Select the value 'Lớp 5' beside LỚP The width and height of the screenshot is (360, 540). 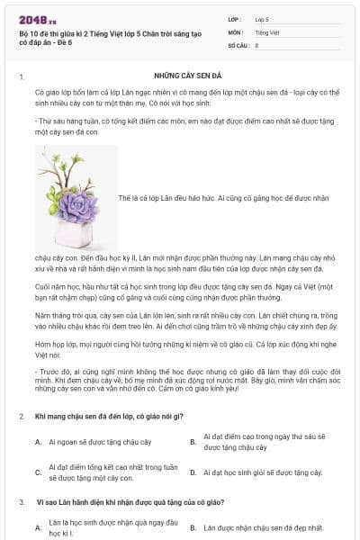[262, 18]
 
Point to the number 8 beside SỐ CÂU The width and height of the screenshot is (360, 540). [256, 44]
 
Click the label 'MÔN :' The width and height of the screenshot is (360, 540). [238, 31]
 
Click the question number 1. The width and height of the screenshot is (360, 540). [21, 78]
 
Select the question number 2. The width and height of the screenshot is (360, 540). [21, 416]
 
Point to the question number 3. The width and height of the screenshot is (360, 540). [21, 502]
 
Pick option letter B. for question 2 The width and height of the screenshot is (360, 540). [193, 442]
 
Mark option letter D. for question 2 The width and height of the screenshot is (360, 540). [193, 472]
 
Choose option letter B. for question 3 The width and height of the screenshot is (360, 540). [193, 527]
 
